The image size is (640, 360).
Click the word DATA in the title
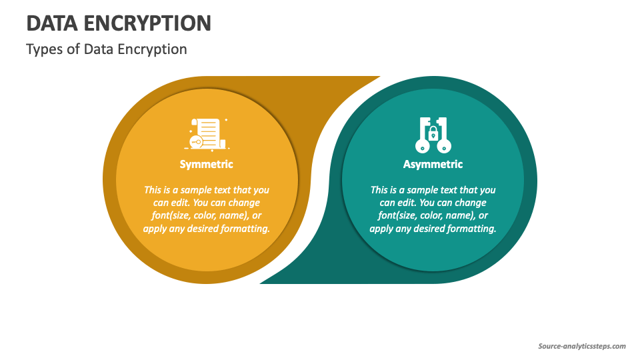point(52,23)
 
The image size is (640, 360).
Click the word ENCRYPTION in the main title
point(148,23)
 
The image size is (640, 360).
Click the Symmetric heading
point(207,164)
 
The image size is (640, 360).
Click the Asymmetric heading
point(433,164)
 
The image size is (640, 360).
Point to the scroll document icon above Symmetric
point(207,134)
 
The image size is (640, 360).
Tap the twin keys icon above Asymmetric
point(433,135)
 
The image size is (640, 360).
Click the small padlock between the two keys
point(433,133)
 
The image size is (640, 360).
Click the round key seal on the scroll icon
point(196,142)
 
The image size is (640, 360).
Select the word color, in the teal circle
point(431,215)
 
